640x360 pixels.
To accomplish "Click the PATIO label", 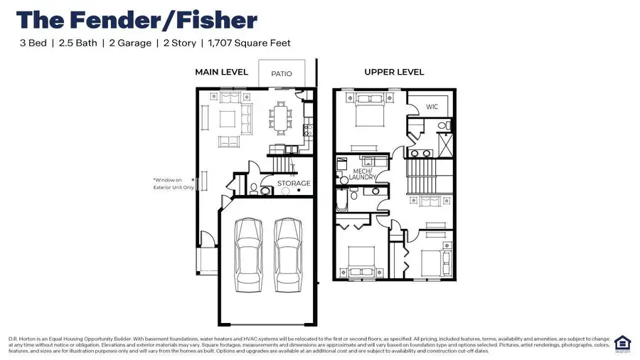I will coord(282,73).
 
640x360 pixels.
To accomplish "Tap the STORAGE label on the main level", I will coord(294,184).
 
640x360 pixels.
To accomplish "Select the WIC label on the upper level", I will coord(432,107).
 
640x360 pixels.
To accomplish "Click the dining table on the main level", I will coord(282,117).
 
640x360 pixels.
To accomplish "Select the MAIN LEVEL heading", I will coord(221,72).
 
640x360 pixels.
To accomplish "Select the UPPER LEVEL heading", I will coord(394,72).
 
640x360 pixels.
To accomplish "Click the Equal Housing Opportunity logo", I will coord(622,343).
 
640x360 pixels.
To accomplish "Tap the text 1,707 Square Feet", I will coord(249,43).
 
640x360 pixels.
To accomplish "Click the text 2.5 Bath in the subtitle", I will coord(77,43).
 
